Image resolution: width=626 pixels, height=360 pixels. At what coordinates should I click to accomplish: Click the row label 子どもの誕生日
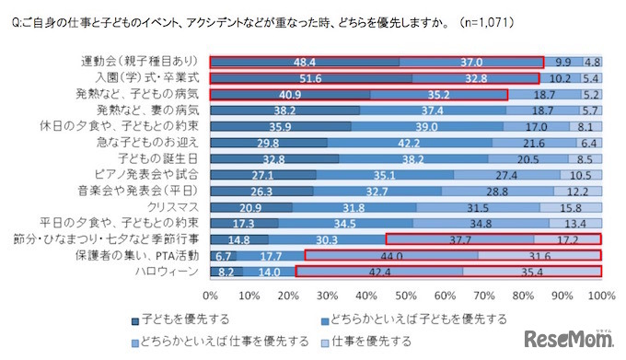(164, 158)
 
